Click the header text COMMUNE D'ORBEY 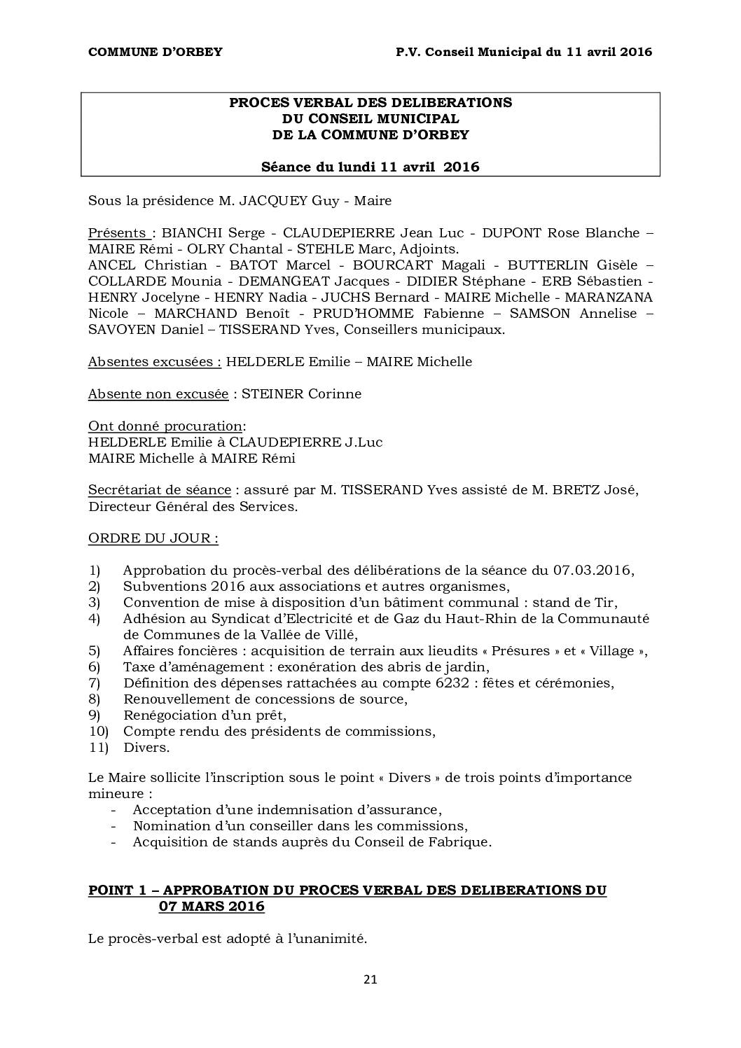[155, 52]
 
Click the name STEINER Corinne [301, 393]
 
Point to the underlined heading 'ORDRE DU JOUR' [153, 538]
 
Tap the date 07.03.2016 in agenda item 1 [592, 571]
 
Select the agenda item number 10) [99, 732]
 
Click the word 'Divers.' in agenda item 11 [146, 748]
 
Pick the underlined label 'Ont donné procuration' [165, 426]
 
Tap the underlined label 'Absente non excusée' [158, 393]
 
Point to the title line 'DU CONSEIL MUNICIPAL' [370, 119]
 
